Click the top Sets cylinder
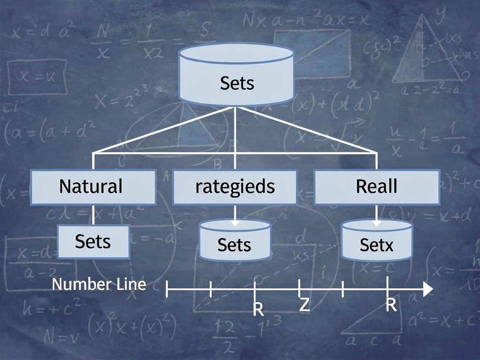point(237,75)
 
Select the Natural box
point(93,187)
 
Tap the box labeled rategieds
point(235,187)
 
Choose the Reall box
point(376,187)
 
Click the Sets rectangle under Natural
point(93,242)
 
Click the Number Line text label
point(99,284)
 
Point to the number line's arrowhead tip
point(431,290)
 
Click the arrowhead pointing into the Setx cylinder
point(376,223)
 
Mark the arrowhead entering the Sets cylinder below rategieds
point(235,223)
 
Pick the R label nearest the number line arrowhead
point(391,306)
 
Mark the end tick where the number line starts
point(167,290)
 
